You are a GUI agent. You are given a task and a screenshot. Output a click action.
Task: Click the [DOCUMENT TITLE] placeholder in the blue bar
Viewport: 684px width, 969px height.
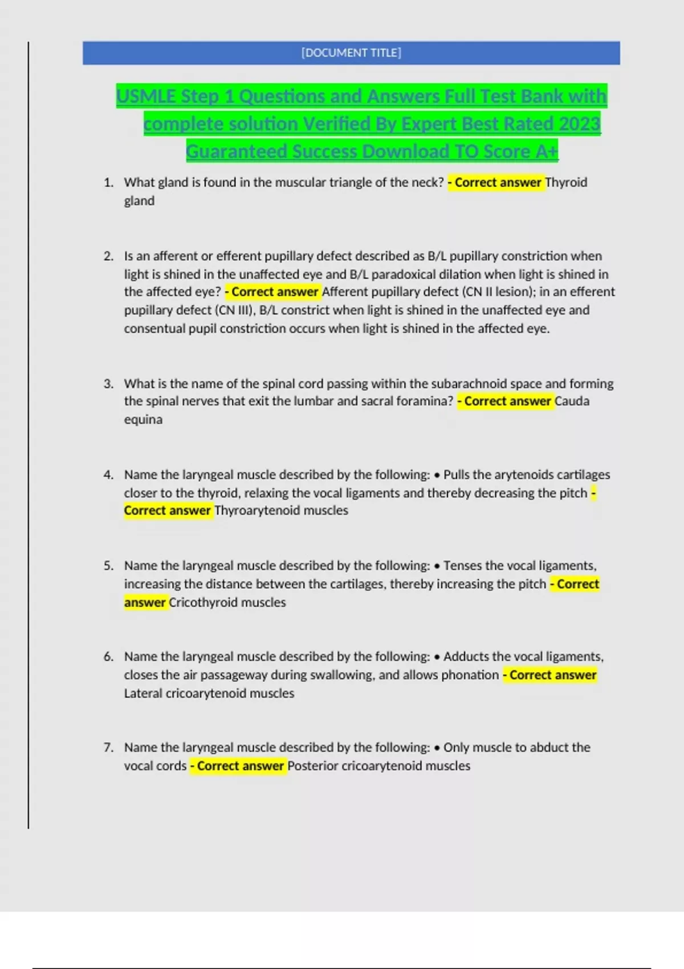tap(351, 53)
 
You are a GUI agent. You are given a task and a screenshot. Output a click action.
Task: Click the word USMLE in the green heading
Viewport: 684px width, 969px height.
tap(147, 96)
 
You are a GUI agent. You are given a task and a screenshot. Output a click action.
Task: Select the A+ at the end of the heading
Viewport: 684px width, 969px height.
tap(547, 152)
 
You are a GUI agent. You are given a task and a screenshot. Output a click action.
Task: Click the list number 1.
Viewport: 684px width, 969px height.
tap(108, 182)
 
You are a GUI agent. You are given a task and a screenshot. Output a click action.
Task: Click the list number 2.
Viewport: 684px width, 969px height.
tap(108, 256)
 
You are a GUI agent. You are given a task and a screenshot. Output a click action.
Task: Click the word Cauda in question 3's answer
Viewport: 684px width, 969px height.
tap(572, 401)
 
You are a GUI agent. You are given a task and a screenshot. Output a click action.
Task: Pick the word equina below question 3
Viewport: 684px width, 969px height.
tap(143, 420)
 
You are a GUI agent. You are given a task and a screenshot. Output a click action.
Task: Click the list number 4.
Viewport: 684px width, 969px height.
tap(108, 475)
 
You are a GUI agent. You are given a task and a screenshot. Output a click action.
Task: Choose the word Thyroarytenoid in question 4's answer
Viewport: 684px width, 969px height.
tap(257, 511)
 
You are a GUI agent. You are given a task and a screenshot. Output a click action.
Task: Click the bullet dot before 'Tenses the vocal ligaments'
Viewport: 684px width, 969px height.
tap(437, 566)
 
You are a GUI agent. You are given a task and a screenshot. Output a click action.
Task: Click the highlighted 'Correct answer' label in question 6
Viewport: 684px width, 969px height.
tap(550, 675)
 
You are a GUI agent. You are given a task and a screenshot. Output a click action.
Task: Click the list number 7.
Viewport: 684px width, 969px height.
tap(108, 747)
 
